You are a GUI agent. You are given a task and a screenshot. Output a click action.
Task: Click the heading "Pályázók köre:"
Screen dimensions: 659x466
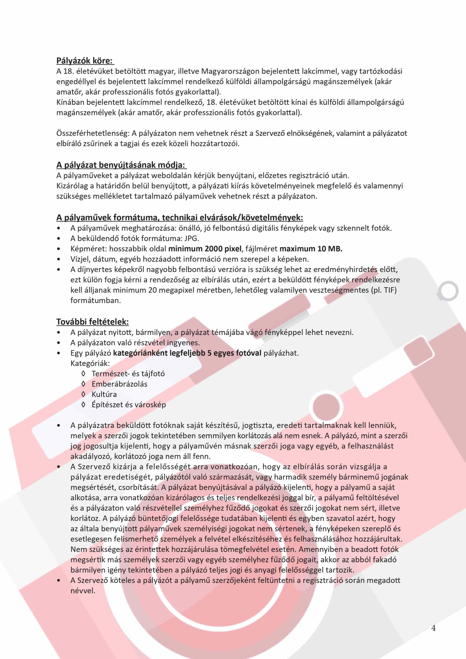[85, 61]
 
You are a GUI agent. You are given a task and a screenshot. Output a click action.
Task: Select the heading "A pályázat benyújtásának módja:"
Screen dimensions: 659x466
[121, 165]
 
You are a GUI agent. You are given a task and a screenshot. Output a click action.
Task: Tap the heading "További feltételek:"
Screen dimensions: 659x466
[92, 322]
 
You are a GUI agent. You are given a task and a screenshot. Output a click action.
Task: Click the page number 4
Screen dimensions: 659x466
[433, 628]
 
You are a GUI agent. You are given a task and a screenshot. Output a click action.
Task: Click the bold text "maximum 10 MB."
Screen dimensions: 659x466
[311, 249]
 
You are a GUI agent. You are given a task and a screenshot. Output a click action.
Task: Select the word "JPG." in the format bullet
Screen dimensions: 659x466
[192, 239]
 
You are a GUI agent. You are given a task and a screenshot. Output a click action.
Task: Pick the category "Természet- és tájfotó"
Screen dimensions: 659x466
[128, 374]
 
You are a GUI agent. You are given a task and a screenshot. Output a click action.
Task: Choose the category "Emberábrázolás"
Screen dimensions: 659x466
[119, 384]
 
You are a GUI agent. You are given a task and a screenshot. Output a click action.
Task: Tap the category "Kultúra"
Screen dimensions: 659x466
[104, 394]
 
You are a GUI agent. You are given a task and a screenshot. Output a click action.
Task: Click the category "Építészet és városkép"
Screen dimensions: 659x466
[129, 405]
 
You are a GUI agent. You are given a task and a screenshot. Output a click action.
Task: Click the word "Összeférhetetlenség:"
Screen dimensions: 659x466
[93, 133]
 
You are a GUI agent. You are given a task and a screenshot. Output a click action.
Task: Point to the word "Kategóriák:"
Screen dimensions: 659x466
[90, 363]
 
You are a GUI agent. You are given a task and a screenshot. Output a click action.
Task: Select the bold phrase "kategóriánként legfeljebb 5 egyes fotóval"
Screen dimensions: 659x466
[187, 353]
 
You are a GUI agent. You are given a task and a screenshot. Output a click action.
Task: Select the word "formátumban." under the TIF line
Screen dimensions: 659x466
[95, 300]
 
